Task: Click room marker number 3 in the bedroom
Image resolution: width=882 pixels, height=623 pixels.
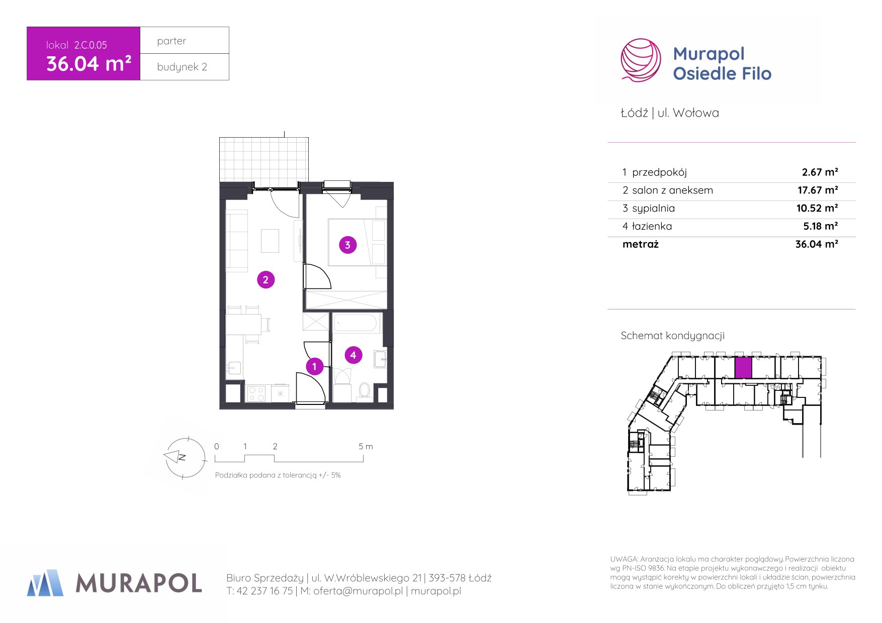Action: [x=347, y=245]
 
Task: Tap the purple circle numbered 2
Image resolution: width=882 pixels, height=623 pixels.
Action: [x=266, y=280]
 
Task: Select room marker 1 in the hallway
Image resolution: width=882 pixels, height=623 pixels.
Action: [x=314, y=367]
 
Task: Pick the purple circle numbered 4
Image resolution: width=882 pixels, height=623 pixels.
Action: [x=353, y=355]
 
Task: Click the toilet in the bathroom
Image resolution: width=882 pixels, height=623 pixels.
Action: [x=365, y=391]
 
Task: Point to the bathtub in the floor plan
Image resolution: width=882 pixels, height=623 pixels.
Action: [x=355, y=323]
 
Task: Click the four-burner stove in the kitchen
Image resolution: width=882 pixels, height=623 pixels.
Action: [x=256, y=393]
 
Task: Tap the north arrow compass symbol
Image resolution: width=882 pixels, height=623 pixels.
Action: [x=185, y=457]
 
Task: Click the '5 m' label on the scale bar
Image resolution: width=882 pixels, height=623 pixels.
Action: [x=366, y=446]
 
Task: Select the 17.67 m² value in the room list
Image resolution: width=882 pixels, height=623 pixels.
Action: [x=818, y=190]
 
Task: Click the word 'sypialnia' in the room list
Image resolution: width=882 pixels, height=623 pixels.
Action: [x=653, y=209]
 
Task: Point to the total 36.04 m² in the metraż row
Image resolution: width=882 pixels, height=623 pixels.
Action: [x=817, y=244]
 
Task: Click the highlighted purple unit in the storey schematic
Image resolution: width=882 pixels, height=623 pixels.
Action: [x=743, y=368]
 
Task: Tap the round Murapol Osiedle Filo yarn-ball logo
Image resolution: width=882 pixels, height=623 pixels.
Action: [x=641, y=60]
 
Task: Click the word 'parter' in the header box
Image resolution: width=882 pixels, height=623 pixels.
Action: [x=171, y=41]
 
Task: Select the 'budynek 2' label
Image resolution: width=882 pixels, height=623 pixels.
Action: [x=182, y=67]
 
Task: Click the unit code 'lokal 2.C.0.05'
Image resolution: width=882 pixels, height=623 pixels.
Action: [x=76, y=45]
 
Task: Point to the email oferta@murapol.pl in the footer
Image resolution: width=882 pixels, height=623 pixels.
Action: [x=358, y=591]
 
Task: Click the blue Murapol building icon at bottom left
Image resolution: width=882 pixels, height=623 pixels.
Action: [x=45, y=583]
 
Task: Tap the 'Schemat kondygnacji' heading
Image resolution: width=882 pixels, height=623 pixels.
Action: [x=672, y=336]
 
